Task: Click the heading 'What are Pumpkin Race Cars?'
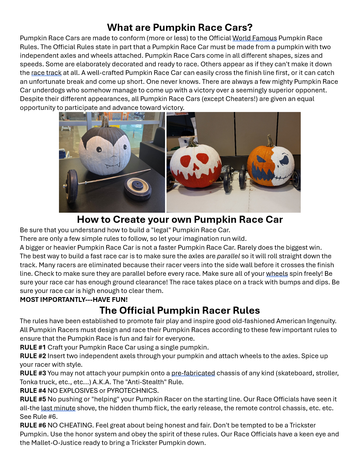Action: [x=180, y=28]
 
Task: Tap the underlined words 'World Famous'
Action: [x=254, y=38]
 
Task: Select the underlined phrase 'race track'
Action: [x=46, y=73]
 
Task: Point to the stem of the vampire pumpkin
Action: [x=105, y=121]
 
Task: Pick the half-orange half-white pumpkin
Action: [x=270, y=166]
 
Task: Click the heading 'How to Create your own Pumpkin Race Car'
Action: [x=180, y=220]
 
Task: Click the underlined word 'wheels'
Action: [x=277, y=274]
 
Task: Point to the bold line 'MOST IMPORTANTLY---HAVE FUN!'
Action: [x=74, y=300]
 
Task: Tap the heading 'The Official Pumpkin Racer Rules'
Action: [x=180, y=310]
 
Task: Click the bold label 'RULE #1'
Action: [x=33, y=347]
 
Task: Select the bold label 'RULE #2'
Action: [x=33, y=356]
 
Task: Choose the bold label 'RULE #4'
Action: [x=33, y=390]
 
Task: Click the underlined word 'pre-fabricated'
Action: [x=193, y=373]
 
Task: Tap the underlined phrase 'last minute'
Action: [x=58, y=408]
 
